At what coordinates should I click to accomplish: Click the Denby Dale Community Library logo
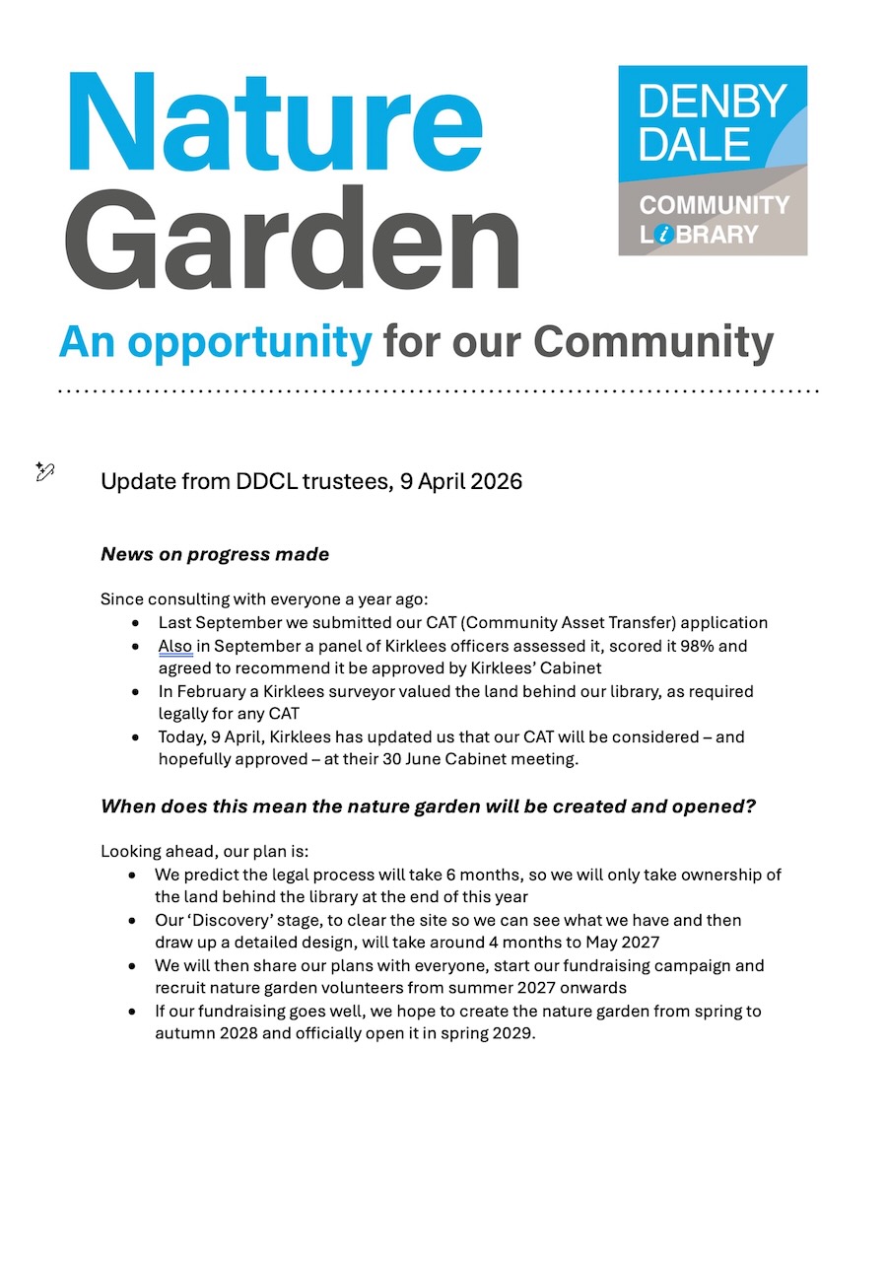pyautogui.click(x=713, y=160)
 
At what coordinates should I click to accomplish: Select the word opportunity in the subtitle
pyautogui.click(x=249, y=342)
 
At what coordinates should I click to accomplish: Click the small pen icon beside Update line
pyautogui.click(x=45, y=471)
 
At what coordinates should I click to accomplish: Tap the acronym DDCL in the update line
pyautogui.click(x=265, y=481)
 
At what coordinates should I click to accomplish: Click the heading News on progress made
pyautogui.click(x=215, y=554)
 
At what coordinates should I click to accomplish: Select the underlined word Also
pyautogui.click(x=175, y=647)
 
